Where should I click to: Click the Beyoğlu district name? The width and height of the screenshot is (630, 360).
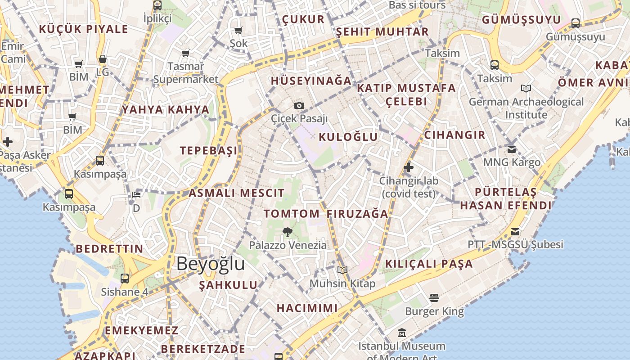(211, 263)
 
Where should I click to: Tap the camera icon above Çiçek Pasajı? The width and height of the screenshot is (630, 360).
(299, 106)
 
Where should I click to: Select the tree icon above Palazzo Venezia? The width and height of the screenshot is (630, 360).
(288, 232)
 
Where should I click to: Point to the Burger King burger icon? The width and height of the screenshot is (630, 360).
(434, 297)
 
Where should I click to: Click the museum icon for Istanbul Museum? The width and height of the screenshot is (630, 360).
(402, 333)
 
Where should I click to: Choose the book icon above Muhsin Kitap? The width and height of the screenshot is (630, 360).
(342, 270)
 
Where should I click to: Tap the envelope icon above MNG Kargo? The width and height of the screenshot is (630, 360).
(512, 149)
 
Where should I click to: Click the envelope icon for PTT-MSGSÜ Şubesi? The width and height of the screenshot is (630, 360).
(515, 232)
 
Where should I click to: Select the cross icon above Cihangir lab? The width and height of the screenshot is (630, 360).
(409, 168)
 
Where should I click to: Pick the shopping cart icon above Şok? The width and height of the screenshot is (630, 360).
(238, 31)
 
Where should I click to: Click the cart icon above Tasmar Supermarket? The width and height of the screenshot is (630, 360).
(186, 54)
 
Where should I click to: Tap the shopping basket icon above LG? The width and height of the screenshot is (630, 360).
(103, 59)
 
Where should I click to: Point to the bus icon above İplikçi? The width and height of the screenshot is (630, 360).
(157, 5)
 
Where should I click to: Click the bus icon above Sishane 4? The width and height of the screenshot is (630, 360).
(125, 279)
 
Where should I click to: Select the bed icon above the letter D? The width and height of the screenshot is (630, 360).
(136, 195)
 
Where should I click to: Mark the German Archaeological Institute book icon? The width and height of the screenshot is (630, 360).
(526, 88)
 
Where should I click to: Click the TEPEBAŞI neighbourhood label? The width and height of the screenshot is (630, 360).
(208, 151)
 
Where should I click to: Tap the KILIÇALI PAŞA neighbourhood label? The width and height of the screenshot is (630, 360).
(429, 264)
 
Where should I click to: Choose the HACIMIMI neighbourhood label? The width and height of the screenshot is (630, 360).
(307, 308)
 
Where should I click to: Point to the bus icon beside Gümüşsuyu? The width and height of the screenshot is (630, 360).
(576, 23)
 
